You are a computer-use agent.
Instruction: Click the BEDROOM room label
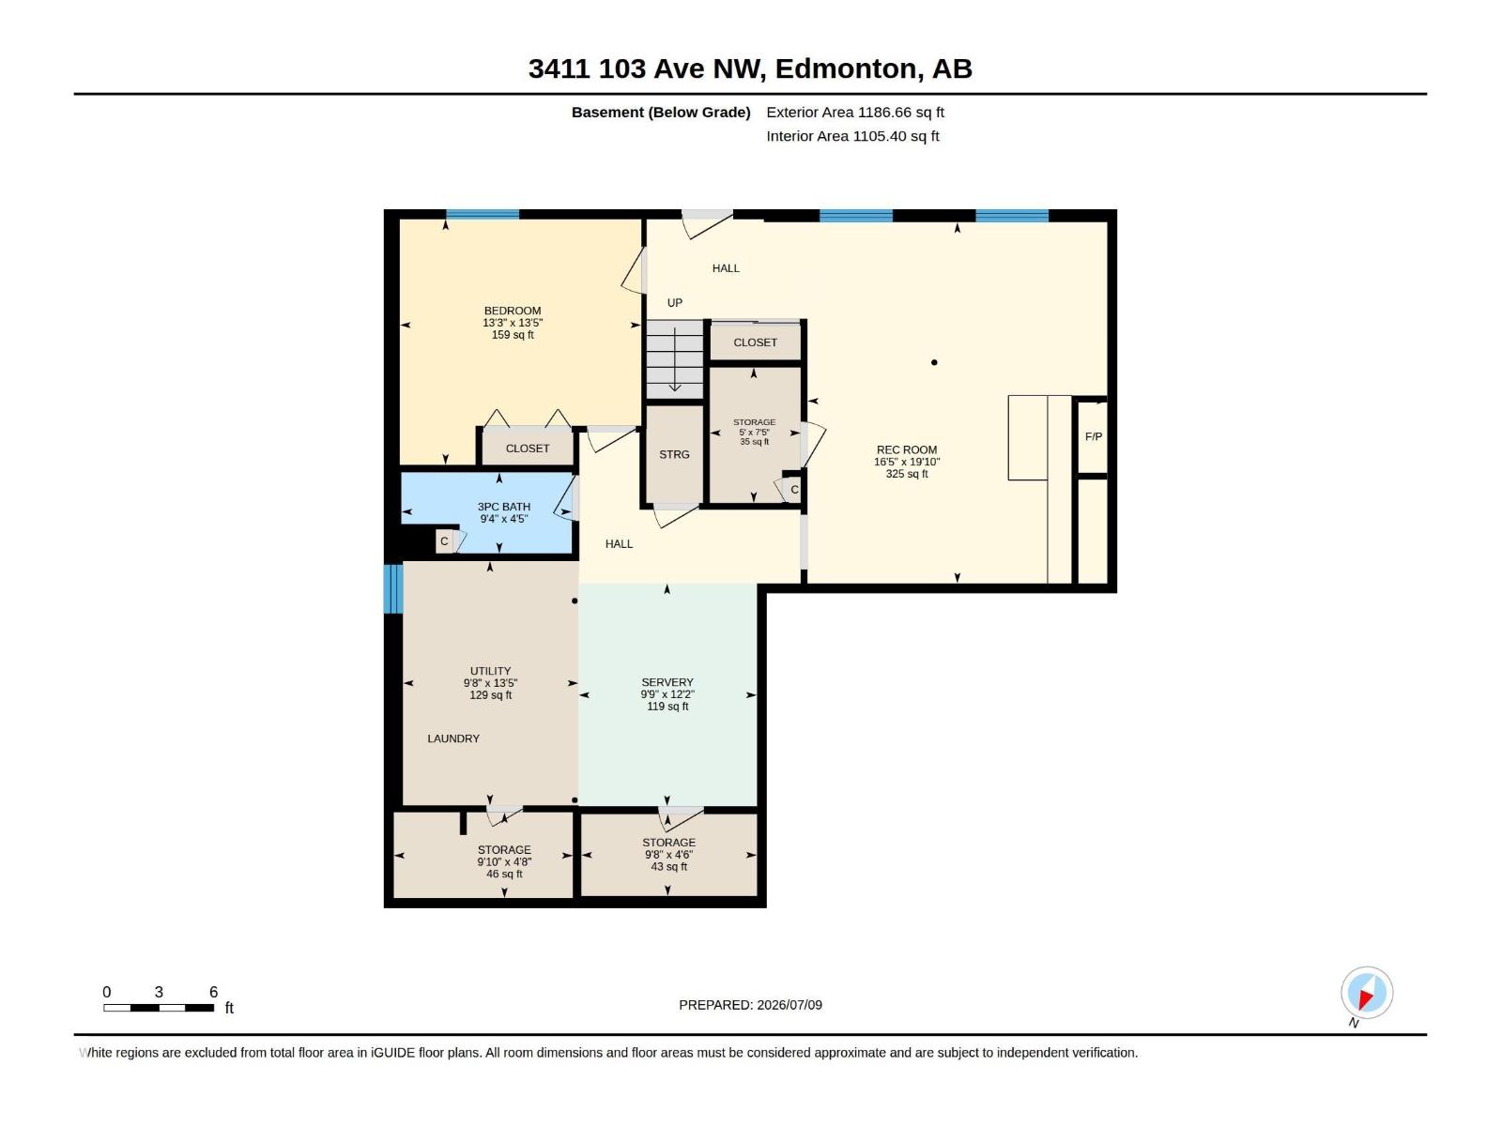tap(513, 311)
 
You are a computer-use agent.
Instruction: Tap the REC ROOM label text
tap(907, 449)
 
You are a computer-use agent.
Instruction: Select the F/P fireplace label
tap(1094, 437)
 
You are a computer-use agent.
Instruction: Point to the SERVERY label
tap(667, 682)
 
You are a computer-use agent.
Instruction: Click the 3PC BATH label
tap(503, 507)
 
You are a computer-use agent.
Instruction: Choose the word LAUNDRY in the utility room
tap(453, 738)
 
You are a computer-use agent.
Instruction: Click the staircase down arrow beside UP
tap(675, 359)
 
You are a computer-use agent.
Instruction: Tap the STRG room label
tap(674, 455)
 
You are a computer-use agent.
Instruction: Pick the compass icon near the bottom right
tap(1367, 992)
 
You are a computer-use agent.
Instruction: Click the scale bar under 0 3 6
tap(159, 1008)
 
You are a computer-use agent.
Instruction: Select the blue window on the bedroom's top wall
tap(483, 214)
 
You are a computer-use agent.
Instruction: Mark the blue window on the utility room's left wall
tap(392, 588)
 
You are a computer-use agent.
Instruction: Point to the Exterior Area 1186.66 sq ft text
tap(854, 112)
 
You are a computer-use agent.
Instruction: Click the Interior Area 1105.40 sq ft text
tap(852, 136)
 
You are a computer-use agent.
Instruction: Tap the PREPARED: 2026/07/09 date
tap(751, 1005)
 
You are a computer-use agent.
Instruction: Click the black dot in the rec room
tap(934, 362)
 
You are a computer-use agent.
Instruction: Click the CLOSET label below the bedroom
tap(528, 449)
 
